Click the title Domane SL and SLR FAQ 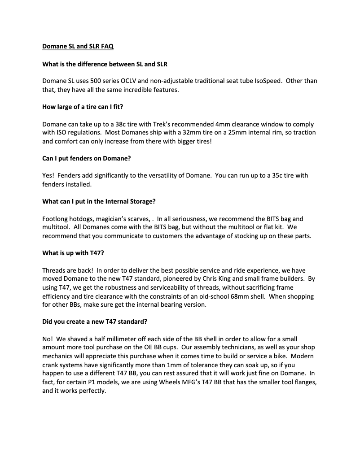tap(81, 46)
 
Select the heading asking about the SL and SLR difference tap(105, 64)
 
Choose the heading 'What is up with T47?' tap(73, 253)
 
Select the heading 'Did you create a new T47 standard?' tap(92, 322)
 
